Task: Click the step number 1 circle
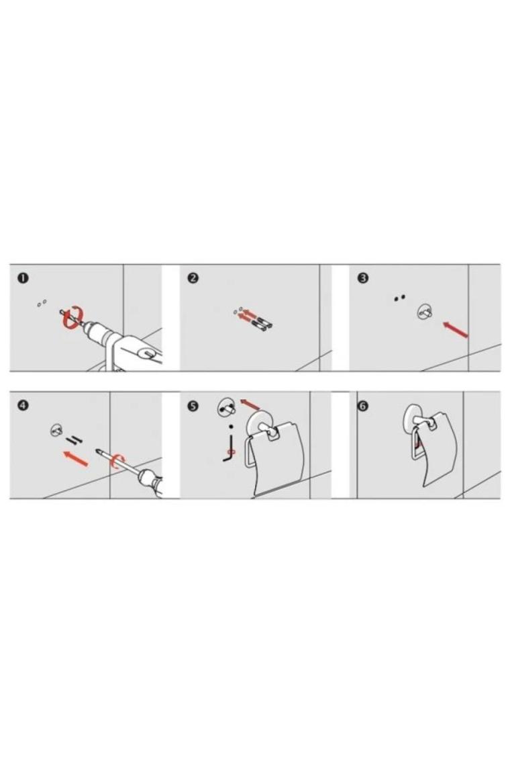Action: [x=22, y=278]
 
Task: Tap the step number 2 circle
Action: [x=193, y=278]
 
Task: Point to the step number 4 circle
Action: [x=22, y=405]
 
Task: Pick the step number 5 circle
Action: [x=193, y=406]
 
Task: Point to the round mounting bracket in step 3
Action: [x=424, y=312]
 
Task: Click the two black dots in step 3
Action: [x=400, y=298]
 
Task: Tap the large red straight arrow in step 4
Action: [x=76, y=459]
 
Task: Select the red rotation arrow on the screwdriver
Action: [x=118, y=460]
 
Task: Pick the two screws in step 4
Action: [x=75, y=439]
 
